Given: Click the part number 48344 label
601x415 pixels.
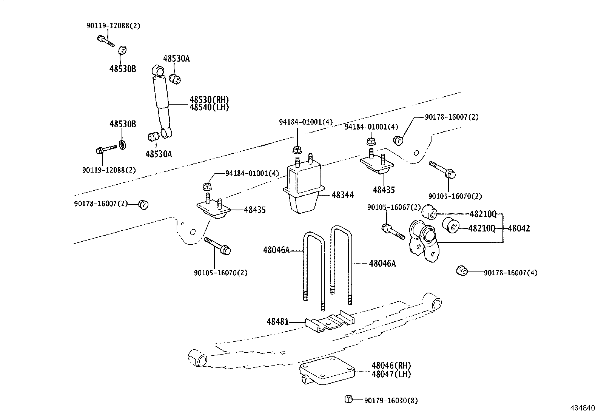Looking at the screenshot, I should pyautogui.click(x=342, y=195).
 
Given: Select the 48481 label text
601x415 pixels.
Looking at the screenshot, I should pyautogui.click(x=277, y=322).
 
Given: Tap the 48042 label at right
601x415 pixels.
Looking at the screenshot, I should pyautogui.click(x=519, y=228).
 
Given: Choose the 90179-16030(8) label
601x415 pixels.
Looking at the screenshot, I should pyautogui.click(x=391, y=401).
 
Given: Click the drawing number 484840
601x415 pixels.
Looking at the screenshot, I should pyautogui.click(x=582, y=409).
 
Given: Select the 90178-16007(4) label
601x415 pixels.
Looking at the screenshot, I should pyautogui.click(x=510, y=273).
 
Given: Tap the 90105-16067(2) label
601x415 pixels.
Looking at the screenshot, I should pyautogui.click(x=394, y=207).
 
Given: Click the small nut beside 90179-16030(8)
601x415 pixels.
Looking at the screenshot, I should pyautogui.click(x=348, y=399).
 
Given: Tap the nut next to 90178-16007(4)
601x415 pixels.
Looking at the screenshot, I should pyautogui.click(x=462, y=271).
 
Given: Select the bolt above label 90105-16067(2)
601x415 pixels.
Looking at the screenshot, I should pyautogui.click(x=393, y=231).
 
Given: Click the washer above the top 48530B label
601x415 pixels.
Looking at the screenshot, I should pyautogui.click(x=123, y=50).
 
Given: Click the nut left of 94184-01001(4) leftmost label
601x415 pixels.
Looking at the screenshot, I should pyautogui.click(x=207, y=186).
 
